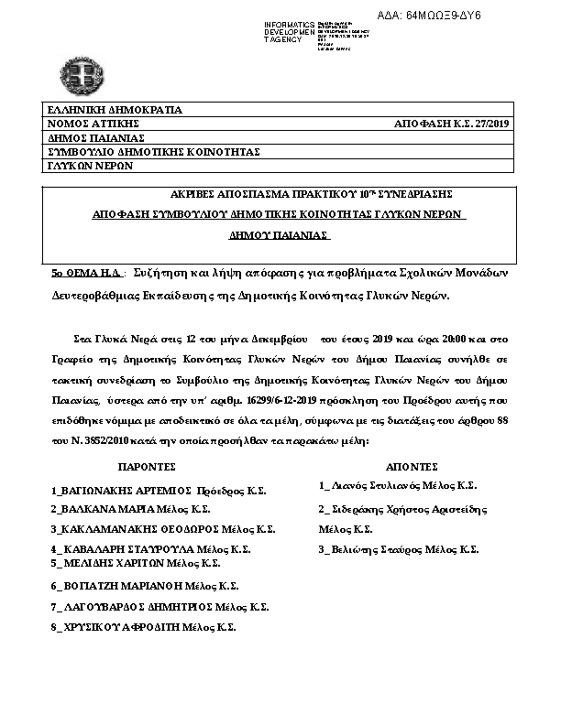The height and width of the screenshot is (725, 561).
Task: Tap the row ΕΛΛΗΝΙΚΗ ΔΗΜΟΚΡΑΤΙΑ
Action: [115, 109]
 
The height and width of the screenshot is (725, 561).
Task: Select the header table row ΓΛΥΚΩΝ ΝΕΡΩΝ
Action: [91, 166]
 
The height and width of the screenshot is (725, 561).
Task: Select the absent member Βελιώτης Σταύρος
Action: [379, 549]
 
